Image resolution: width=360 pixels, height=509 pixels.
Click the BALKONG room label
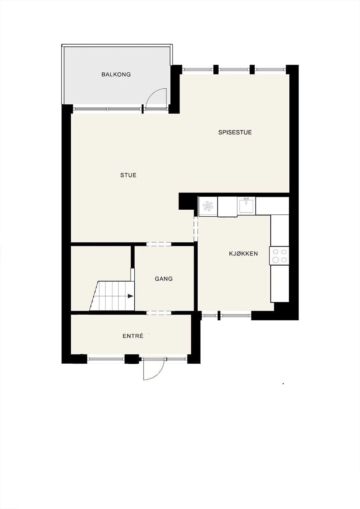click(x=116, y=74)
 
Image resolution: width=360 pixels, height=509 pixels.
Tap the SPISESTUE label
click(x=235, y=132)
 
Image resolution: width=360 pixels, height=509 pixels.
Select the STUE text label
click(x=128, y=175)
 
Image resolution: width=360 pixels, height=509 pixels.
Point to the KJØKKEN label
click(x=244, y=254)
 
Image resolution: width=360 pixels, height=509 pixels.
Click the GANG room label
click(x=164, y=279)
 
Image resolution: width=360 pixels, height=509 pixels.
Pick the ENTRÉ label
click(x=133, y=336)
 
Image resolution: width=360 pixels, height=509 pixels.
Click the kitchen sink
click(x=246, y=205)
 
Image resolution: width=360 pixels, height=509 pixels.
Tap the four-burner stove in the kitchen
click(x=279, y=256)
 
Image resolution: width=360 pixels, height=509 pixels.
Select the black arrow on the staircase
click(x=130, y=296)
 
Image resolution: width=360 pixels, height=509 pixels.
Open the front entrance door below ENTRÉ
click(x=153, y=369)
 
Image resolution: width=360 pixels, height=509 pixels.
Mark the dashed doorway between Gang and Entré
click(x=159, y=313)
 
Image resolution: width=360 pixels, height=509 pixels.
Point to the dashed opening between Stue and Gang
click(x=159, y=244)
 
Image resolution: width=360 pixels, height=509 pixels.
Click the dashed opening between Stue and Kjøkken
click(x=196, y=229)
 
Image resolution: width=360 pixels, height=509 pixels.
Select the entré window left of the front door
click(x=106, y=359)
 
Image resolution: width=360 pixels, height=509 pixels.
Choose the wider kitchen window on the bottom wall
click(x=236, y=316)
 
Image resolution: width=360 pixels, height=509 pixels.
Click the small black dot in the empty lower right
click(x=283, y=384)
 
